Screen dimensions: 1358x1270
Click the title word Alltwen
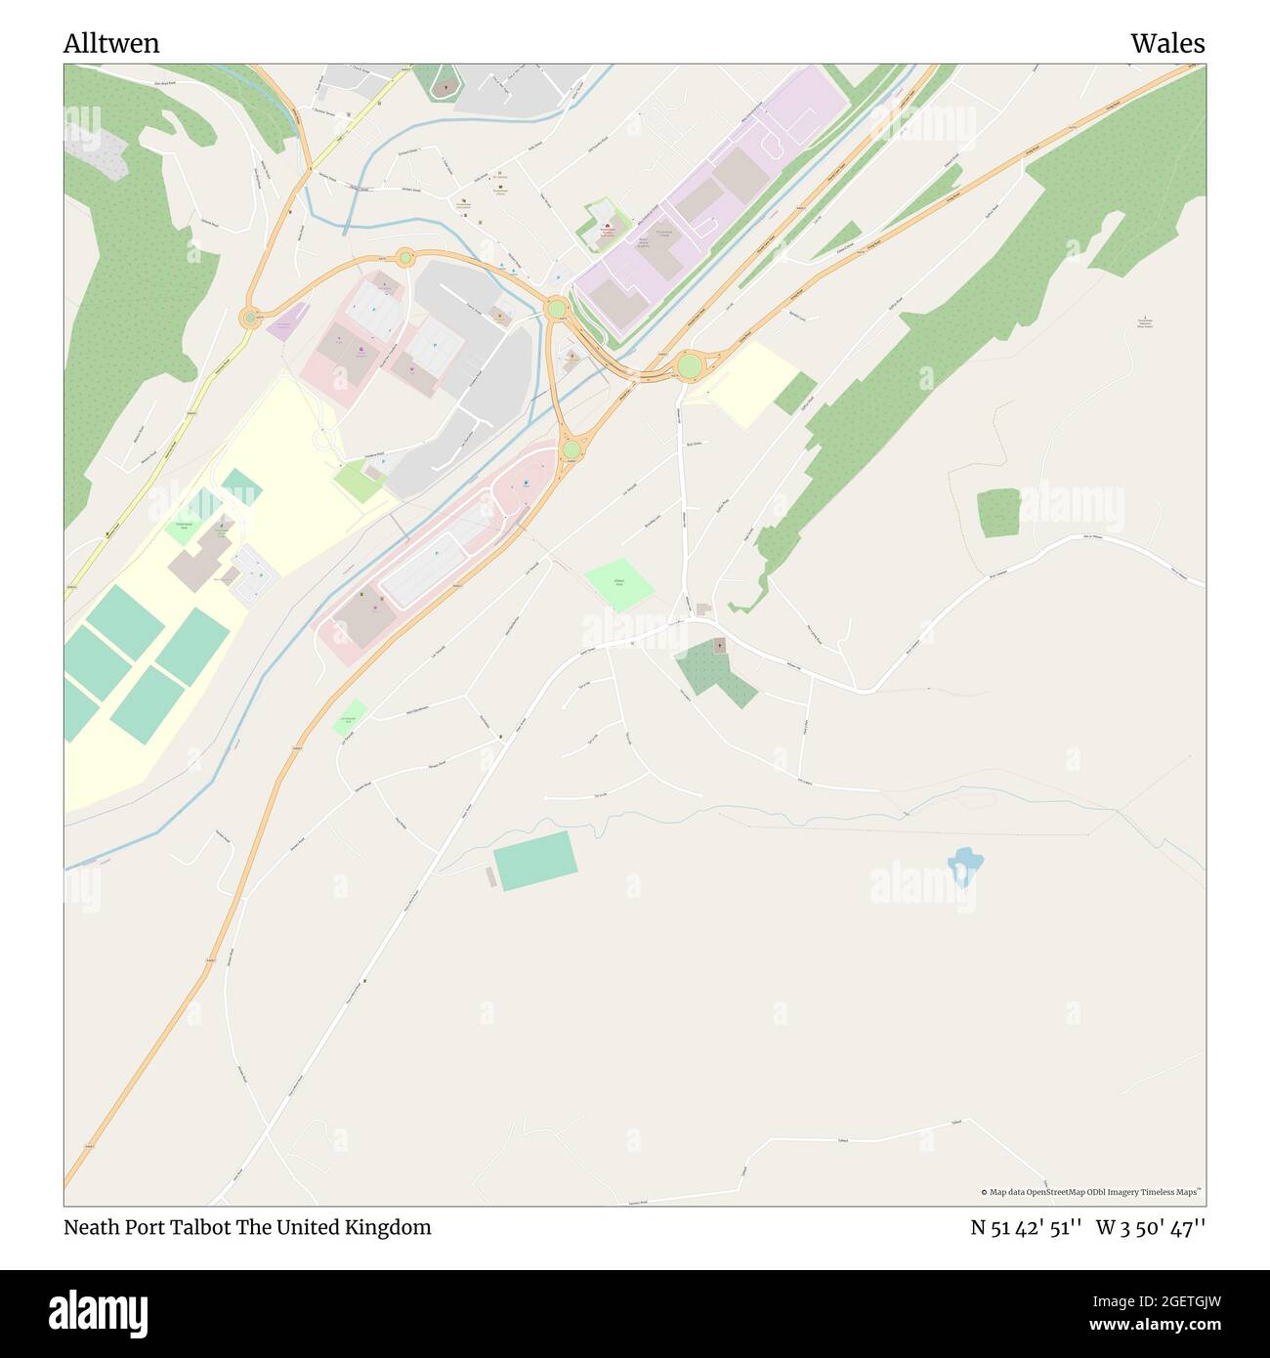pos(111,44)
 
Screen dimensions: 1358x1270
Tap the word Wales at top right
pos(1167,44)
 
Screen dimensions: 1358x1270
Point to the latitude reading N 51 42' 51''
pos(1026,1228)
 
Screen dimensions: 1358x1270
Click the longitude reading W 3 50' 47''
pos(1151,1228)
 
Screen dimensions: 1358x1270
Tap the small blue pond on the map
pos(964,866)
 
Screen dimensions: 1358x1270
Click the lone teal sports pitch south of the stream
pos(534,861)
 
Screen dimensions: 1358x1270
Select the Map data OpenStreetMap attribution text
pos(1090,1192)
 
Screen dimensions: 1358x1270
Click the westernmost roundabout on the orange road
pos(250,318)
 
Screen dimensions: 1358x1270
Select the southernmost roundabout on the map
pos(571,449)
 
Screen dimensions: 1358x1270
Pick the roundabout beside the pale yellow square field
pos(689,366)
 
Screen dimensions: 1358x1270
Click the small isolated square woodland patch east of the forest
pos(997,513)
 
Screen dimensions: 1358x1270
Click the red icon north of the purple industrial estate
pos(607,228)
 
